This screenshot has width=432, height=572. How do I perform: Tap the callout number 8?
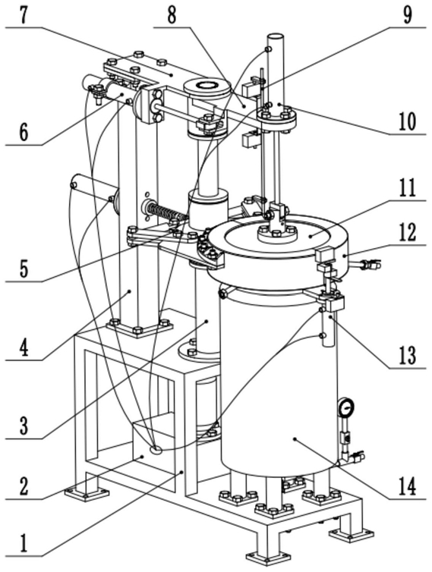[172, 15]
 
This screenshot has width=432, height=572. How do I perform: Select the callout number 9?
[408, 15]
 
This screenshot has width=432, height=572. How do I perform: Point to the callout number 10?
[407, 121]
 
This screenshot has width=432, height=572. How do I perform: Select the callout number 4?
[24, 348]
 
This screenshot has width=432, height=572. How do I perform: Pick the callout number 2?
[24, 487]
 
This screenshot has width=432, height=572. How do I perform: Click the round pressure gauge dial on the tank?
[345, 407]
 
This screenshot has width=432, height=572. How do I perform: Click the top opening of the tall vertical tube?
[276, 36]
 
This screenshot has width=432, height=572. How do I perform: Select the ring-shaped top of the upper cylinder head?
[207, 86]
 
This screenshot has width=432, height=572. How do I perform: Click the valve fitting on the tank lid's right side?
[367, 263]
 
